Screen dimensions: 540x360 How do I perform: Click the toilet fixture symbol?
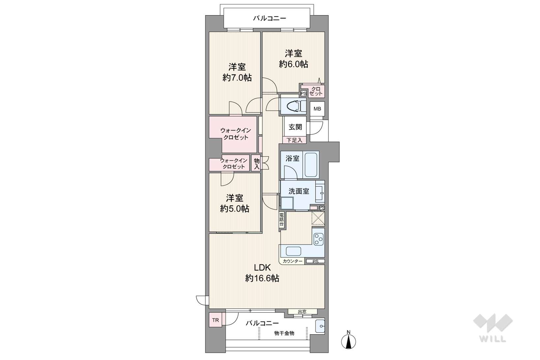point(293,106)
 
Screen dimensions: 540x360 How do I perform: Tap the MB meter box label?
point(317,109)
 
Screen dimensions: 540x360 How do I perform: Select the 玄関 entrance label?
point(295,127)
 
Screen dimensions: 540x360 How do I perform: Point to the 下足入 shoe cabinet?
point(294,140)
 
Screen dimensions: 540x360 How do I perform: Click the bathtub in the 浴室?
point(311,165)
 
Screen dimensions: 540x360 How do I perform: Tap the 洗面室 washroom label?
point(299,191)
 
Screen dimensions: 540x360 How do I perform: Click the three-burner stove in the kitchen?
point(318,239)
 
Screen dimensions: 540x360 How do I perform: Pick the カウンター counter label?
point(292,261)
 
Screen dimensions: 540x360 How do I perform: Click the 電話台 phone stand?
point(282,220)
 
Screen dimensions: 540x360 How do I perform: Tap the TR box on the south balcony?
point(216,320)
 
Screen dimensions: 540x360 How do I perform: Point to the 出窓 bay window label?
point(302,312)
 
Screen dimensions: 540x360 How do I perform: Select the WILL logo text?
point(493,339)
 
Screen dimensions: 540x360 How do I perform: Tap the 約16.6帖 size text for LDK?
point(262,279)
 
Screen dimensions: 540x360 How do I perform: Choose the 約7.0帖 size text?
point(237,78)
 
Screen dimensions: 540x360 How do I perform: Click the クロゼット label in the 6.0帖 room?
point(315,91)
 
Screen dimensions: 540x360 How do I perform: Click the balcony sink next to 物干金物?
point(320,326)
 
